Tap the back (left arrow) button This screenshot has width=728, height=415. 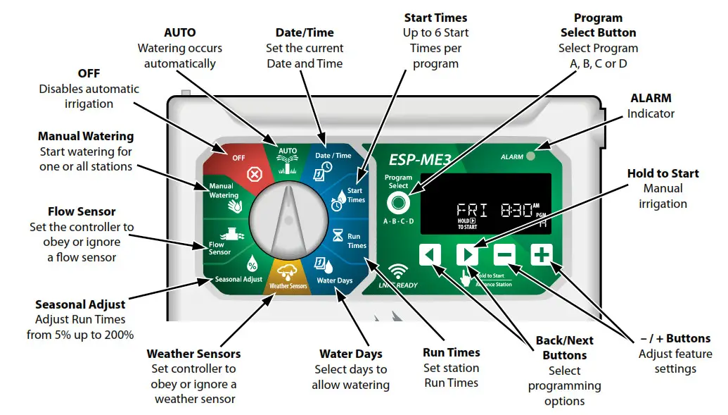[x=430, y=254]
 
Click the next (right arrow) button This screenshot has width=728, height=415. [x=467, y=254]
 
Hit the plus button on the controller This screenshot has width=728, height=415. [x=541, y=254]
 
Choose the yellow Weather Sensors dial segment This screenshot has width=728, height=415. [x=288, y=277]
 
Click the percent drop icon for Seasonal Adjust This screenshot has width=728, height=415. [x=251, y=266]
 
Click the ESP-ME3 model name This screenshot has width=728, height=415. [x=420, y=159]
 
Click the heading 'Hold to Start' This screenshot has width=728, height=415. [x=663, y=173]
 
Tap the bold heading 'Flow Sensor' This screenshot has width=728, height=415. [x=82, y=211]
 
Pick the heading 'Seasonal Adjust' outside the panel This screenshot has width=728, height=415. [x=80, y=304]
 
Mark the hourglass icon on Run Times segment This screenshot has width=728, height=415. [x=337, y=235]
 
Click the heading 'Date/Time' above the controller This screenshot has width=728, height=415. [x=305, y=32]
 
